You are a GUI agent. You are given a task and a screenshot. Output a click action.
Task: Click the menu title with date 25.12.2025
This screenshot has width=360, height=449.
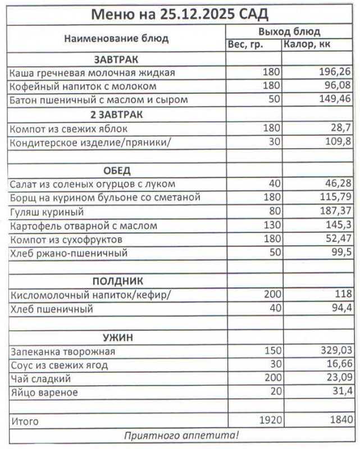click(x=180, y=13)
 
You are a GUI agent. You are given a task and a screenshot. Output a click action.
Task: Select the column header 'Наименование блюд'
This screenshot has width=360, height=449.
click(x=116, y=39)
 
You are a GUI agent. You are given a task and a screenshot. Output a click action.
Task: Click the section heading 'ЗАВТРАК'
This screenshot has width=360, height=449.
click(x=116, y=59)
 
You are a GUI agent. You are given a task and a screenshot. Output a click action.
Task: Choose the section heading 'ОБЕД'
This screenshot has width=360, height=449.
click(x=117, y=171)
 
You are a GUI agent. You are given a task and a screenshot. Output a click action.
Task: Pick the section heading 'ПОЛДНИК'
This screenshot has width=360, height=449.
click(x=117, y=281)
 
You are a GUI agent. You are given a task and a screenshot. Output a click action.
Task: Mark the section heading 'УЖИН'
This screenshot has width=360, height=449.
click(x=117, y=337)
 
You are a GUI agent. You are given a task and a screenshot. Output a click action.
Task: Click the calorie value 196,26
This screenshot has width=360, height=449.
click(x=335, y=73)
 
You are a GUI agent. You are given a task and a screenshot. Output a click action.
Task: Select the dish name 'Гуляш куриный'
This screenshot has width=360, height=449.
click(x=47, y=212)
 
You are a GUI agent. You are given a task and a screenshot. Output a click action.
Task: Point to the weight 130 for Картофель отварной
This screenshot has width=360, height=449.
click(x=271, y=226)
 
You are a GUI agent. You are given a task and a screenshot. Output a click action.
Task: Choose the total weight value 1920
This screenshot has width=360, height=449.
click(x=268, y=420)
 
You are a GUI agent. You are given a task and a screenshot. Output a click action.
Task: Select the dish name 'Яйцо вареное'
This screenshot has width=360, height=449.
click(x=44, y=392)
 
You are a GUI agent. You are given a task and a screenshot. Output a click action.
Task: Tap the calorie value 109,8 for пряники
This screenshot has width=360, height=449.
click(x=338, y=142)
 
